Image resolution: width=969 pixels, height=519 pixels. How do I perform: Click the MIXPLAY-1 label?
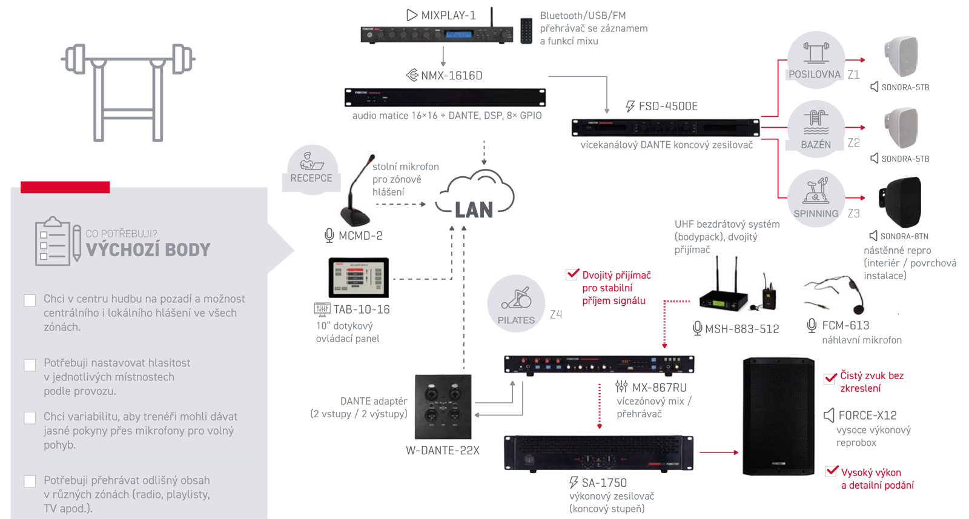[448, 16]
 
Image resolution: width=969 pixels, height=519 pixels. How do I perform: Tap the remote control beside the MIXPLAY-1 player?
[526, 31]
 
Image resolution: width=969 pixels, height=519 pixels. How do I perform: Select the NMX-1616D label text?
[452, 76]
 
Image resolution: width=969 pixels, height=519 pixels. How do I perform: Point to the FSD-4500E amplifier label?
[668, 107]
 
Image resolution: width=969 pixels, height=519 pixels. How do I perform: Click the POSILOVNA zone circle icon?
[816, 60]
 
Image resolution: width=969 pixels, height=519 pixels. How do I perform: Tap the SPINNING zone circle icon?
[816, 198]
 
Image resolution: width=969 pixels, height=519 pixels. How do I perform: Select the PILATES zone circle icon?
[516, 303]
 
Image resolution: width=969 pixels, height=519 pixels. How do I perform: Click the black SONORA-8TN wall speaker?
[900, 202]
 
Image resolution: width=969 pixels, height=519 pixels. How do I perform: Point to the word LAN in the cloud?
[474, 210]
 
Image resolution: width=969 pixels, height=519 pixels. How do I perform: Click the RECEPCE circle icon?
[311, 170]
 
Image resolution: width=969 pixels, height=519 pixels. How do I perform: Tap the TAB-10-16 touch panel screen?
[359, 277]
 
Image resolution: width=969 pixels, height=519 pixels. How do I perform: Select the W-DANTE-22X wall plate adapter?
[443, 406]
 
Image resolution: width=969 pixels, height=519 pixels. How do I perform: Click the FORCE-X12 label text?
[867, 415]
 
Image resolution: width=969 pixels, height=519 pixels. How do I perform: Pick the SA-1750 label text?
[604, 483]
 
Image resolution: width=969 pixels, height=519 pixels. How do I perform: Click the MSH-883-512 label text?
[742, 329]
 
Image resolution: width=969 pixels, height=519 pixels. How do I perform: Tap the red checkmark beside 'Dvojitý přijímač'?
[572, 274]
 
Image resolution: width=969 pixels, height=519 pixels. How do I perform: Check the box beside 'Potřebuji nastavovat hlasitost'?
[30, 365]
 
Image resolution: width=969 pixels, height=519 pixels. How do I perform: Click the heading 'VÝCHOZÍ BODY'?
[148, 250]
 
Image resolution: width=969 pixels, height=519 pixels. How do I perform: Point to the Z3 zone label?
[853, 214]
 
